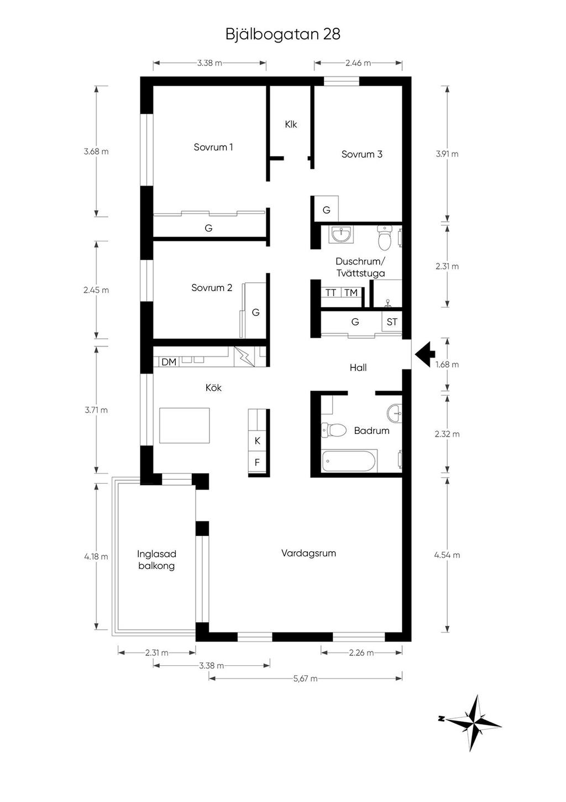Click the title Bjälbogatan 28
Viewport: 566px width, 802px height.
click(283, 35)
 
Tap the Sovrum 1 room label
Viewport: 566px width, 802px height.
click(213, 147)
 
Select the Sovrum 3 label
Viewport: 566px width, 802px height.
click(362, 154)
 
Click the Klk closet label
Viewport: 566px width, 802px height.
click(291, 124)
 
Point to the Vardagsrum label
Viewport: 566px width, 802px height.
click(308, 553)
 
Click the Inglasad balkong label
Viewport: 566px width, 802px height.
click(156, 560)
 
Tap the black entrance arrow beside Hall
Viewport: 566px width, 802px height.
click(424, 354)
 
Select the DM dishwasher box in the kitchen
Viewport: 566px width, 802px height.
click(169, 361)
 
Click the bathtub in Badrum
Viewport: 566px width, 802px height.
click(349, 461)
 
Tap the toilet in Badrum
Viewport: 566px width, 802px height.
click(334, 430)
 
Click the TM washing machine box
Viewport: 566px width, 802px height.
click(351, 293)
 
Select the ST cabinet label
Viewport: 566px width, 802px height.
click(392, 322)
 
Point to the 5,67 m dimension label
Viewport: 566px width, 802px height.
click(305, 678)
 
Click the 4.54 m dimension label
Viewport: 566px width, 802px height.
click(447, 555)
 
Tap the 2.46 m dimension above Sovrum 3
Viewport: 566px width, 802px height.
click(358, 63)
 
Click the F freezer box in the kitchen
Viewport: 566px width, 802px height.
click(257, 462)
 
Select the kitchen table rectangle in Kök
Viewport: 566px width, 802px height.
click(185, 425)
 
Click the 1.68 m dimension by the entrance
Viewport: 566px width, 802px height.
click(447, 365)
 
